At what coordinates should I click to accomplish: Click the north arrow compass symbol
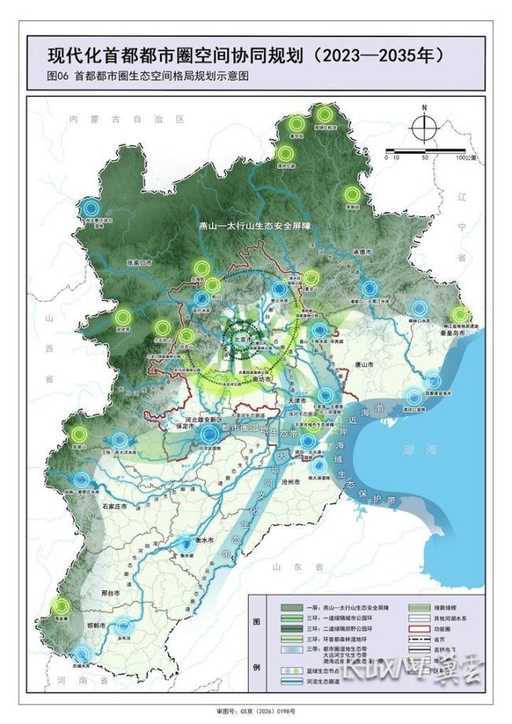[x=424, y=124]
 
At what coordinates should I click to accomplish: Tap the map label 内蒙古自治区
[x=125, y=118]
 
